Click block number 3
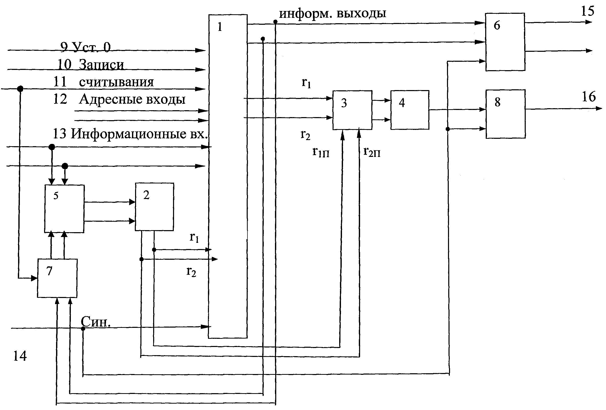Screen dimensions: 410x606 (x=352, y=110)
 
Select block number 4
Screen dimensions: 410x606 (x=409, y=110)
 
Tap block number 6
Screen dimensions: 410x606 (x=505, y=42)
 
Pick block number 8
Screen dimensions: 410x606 (x=505, y=114)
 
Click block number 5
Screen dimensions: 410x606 (x=64, y=208)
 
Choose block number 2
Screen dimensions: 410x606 (x=154, y=207)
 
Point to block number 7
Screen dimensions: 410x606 (x=57, y=278)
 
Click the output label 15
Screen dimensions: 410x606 (x=587, y=11)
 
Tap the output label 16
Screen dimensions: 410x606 (x=589, y=97)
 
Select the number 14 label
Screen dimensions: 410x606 (x=20, y=356)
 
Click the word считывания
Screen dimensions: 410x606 (x=116, y=82)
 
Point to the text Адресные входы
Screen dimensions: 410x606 (x=132, y=99)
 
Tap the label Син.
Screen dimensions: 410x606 (x=96, y=322)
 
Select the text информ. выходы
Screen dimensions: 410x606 (x=333, y=13)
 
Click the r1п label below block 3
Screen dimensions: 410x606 (x=321, y=152)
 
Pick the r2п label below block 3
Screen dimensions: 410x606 (x=372, y=152)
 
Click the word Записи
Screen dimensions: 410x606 (x=101, y=65)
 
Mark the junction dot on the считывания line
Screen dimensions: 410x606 (x=20, y=89)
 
